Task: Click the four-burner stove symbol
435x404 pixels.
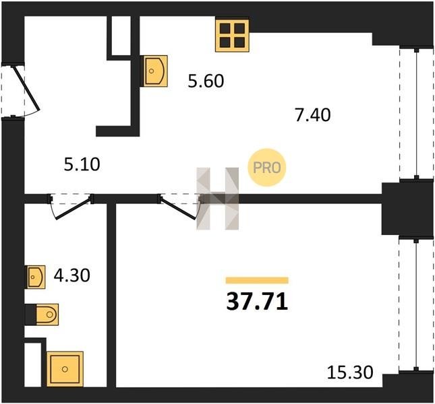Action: (x=232, y=35)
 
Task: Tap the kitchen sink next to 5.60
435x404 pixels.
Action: (x=155, y=71)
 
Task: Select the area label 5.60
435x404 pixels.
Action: (x=206, y=81)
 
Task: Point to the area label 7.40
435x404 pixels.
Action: (x=313, y=115)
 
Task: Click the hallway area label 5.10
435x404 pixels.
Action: (x=82, y=164)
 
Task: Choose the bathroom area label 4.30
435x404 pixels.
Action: (x=72, y=275)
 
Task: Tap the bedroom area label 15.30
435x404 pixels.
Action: (x=350, y=372)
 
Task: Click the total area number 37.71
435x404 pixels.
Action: (x=257, y=302)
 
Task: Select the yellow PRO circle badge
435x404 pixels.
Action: (x=267, y=168)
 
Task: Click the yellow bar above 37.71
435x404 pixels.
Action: (x=257, y=281)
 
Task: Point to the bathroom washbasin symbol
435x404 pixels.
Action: (x=36, y=277)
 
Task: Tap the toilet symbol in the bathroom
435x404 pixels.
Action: (x=47, y=314)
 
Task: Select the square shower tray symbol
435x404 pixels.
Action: (x=65, y=369)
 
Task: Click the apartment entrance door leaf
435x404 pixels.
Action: (x=26, y=88)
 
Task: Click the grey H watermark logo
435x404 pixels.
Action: (x=217, y=199)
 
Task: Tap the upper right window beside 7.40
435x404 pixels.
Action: (x=416, y=114)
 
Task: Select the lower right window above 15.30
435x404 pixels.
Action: (x=416, y=304)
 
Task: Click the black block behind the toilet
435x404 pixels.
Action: (x=30, y=314)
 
